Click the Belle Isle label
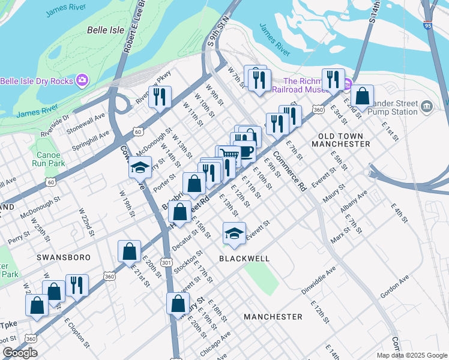105,29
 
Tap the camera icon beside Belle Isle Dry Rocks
82,80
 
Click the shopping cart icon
229,154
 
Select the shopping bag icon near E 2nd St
363,95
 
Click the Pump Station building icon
427,106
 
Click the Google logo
20,353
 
